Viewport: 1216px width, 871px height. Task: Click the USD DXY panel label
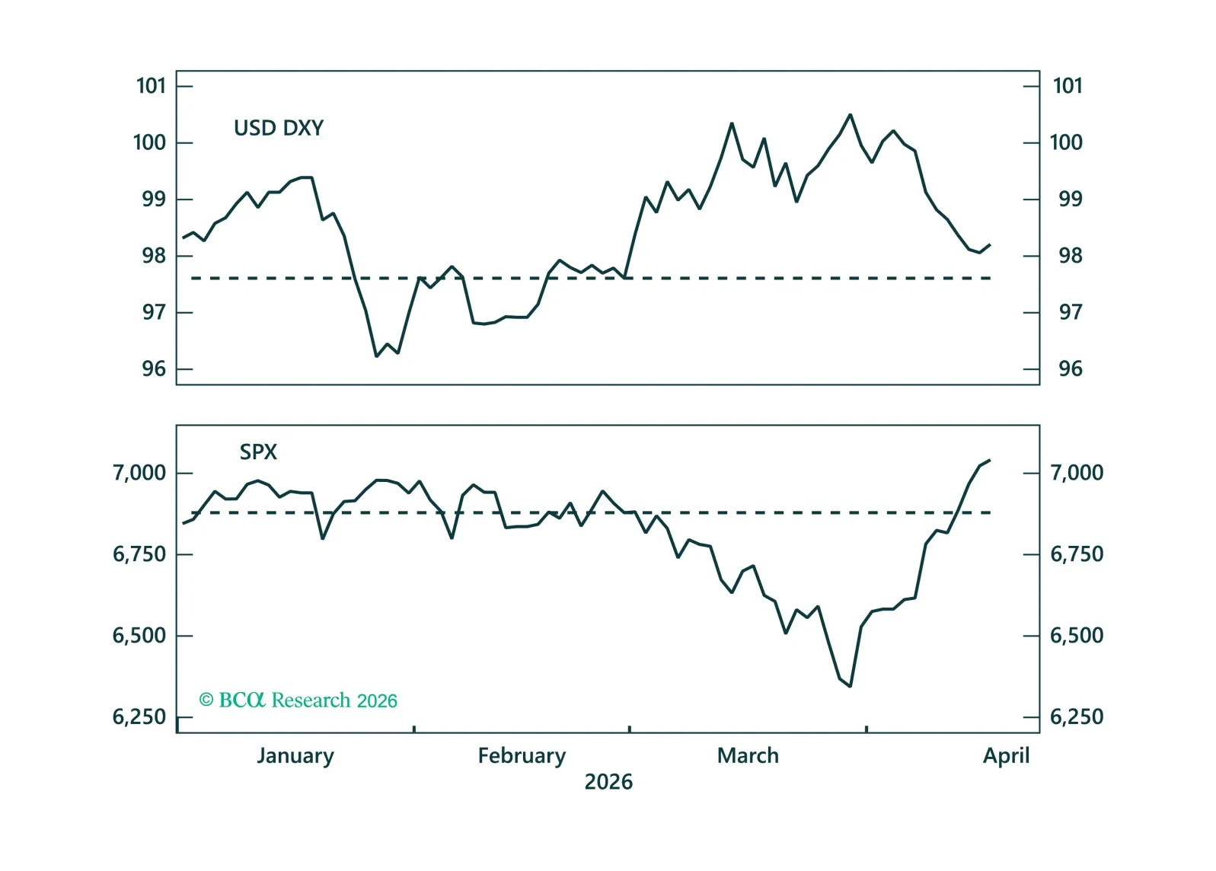point(279,128)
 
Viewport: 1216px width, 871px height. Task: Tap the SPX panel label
point(258,452)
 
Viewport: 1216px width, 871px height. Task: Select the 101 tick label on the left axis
point(151,86)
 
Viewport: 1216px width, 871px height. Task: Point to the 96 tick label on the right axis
point(1070,369)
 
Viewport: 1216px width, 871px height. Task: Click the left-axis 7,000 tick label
point(139,473)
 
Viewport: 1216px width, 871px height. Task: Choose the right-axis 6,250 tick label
point(1076,717)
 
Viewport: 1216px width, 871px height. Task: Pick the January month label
point(295,756)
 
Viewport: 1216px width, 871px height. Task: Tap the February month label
point(522,756)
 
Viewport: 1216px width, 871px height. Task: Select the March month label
point(748,756)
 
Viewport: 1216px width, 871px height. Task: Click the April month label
point(1006,756)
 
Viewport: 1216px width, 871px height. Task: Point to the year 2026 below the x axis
point(608,782)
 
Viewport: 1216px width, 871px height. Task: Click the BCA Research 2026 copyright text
point(298,700)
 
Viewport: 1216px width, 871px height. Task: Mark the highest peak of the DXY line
point(851,115)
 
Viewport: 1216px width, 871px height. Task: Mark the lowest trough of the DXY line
point(376,356)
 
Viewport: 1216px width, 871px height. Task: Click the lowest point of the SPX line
point(851,686)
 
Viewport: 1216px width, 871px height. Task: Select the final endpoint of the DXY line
point(990,244)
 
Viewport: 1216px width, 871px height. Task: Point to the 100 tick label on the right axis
point(1066,142)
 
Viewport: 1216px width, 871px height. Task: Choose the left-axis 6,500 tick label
point(139,636)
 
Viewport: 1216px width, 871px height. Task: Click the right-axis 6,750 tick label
point(1076,554)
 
